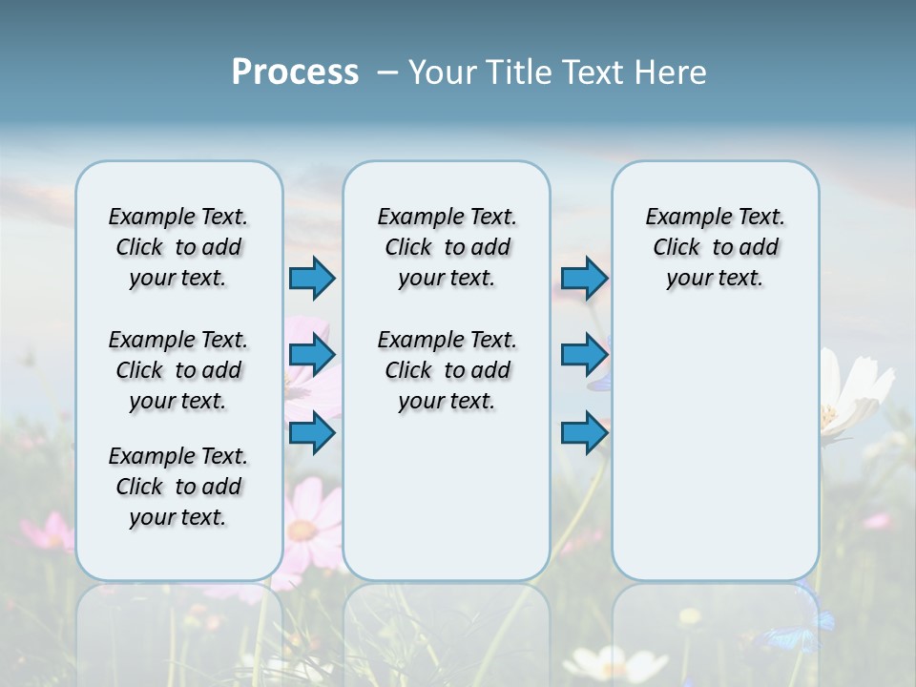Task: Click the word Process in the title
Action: coord(295,72)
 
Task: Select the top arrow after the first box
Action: coord(312,279)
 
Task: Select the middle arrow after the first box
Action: coord(312,356)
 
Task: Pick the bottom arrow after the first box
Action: coord(312,433)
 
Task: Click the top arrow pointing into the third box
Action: coord(584,279)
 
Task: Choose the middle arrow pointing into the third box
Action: coord(584,356)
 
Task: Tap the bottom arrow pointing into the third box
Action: coord(584,433)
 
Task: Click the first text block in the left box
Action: coord(178,247)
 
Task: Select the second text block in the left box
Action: coord(178,370)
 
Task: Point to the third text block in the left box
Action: coord(178,487)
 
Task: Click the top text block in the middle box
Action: coord(447,247)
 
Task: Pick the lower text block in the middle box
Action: coord(447,370)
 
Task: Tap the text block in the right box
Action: coord(715,247)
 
